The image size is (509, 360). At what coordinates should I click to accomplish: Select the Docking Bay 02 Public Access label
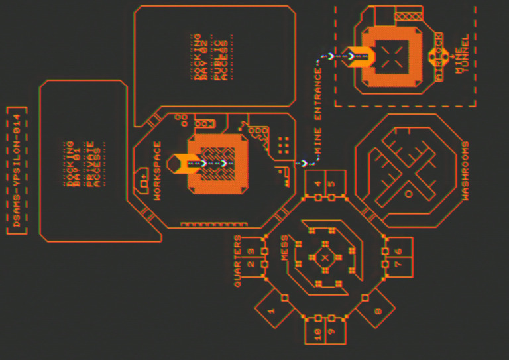tap(210, 56)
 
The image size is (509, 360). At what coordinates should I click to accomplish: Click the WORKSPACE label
tap(157, 170)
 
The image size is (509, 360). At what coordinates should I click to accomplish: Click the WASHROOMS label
tap(465, 170)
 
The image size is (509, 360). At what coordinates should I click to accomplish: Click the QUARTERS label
tap(237, 261)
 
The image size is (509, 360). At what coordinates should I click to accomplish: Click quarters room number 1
tap(271, 310)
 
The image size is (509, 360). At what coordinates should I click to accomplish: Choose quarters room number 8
tap(378, 310)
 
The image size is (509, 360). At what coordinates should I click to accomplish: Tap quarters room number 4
tap(318, 184)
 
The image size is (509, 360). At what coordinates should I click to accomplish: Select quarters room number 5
tap(332, 184)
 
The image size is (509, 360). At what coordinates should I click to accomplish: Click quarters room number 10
tap(318, 331)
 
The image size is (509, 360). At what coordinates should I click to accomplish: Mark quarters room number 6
tap(398, 251)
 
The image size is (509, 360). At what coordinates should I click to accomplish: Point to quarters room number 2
tap(251, 264)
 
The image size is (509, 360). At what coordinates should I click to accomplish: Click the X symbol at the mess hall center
tap(325, 257)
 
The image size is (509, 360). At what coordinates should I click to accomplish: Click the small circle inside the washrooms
tap(408, 193)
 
